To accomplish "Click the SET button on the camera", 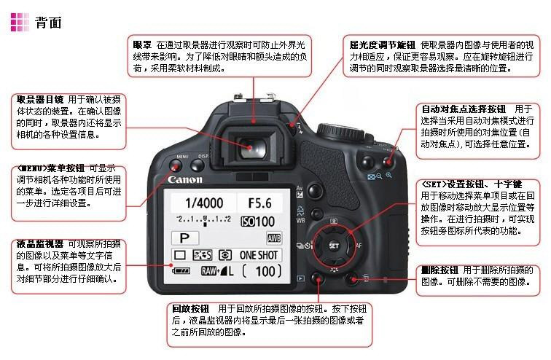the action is [334, 246].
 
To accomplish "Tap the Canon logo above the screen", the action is [185, 180].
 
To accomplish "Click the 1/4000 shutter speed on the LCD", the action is [204, 203].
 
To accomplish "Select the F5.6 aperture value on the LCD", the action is [259, 203].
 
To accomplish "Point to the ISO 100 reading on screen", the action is [257, 222].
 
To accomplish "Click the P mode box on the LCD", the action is [185, 238].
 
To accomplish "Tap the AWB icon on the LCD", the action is [274, 238].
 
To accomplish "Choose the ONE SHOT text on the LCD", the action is [259, 255].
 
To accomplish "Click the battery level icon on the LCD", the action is [181, 271].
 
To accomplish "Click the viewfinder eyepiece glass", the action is [253, 148].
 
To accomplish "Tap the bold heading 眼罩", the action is [142, 45].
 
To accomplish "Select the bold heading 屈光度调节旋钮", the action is [383, 45].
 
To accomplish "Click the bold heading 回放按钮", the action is [190, 309].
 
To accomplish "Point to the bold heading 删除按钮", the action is [439, 270].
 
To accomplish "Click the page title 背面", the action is [48, 23].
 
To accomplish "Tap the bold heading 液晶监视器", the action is [39, 243].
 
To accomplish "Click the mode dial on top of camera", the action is [340, 132].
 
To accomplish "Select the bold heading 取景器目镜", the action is [39, 99].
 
